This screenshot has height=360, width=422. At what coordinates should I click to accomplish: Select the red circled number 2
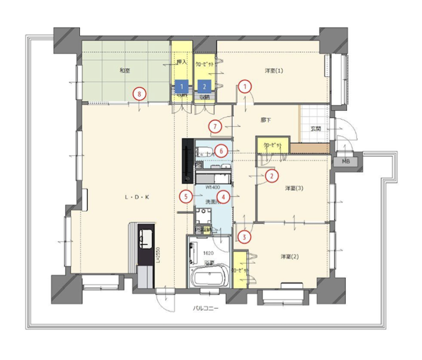coord(272,176)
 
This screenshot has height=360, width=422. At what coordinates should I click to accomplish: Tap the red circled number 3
coord(244,237)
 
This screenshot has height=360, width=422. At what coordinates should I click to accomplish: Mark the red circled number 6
coord(221,150)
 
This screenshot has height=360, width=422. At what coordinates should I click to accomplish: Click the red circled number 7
coord(215,126)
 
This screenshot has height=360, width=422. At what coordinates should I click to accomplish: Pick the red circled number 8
coord(140,93)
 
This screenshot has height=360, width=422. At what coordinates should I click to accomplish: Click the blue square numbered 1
coord(181,87)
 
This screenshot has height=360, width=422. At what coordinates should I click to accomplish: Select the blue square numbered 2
coord(204,87)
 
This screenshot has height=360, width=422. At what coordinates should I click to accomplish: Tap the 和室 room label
coord(124,70)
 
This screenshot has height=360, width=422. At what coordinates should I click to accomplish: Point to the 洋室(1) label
coord(274,70)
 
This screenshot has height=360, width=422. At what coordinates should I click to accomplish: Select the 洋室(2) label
coord(289,257)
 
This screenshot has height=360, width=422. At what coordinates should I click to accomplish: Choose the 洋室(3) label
coord(294,188)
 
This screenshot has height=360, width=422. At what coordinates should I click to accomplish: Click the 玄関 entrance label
coord(316,129)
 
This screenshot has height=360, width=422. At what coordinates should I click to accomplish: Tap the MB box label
coord(346,161)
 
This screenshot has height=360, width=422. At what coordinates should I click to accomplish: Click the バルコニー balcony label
coord(206,309)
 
